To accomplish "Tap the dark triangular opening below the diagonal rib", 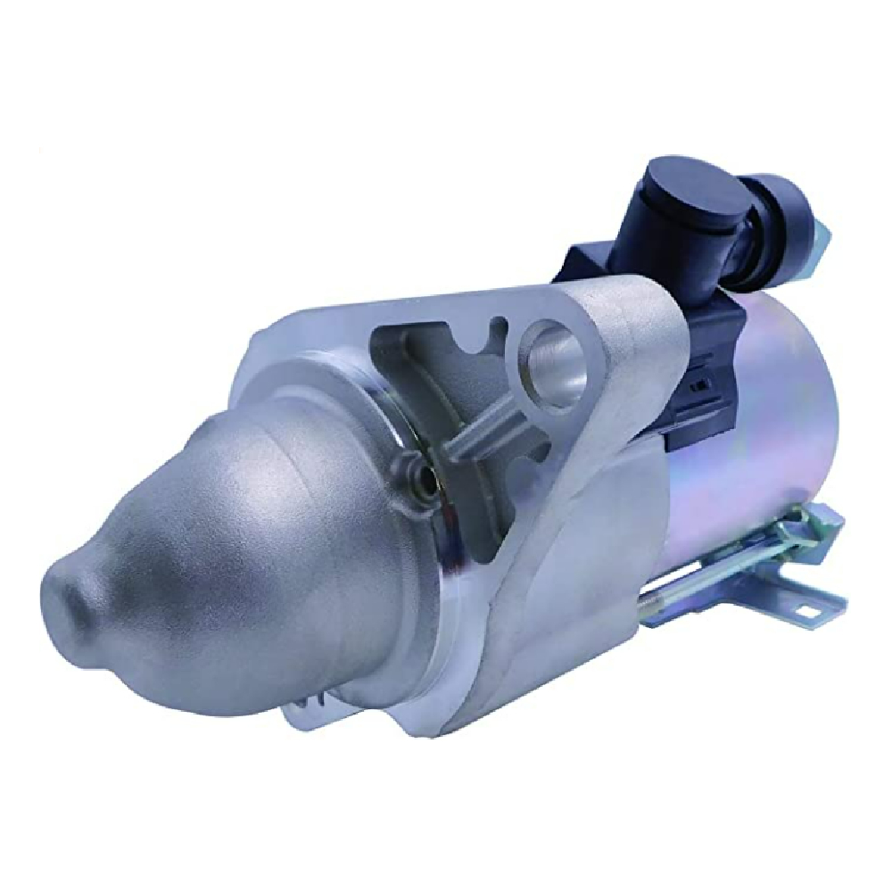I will (x=500, y=500).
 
